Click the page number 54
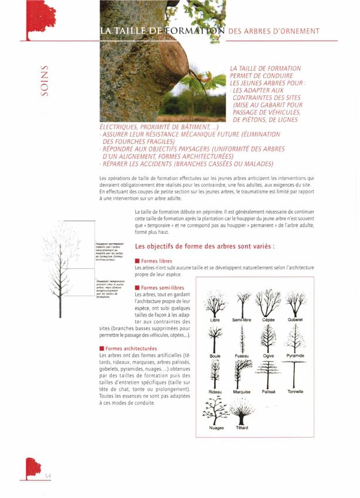(49, 476)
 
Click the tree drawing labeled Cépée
(269, 303)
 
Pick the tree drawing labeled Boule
(215, 338)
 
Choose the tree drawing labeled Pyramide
(295, 338)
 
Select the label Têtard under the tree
(242, 428)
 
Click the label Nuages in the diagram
(216, 428)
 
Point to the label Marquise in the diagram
(242, 392)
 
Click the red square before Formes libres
(137, 261)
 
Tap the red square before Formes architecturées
(102, 349)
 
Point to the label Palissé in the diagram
(269, 392)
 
